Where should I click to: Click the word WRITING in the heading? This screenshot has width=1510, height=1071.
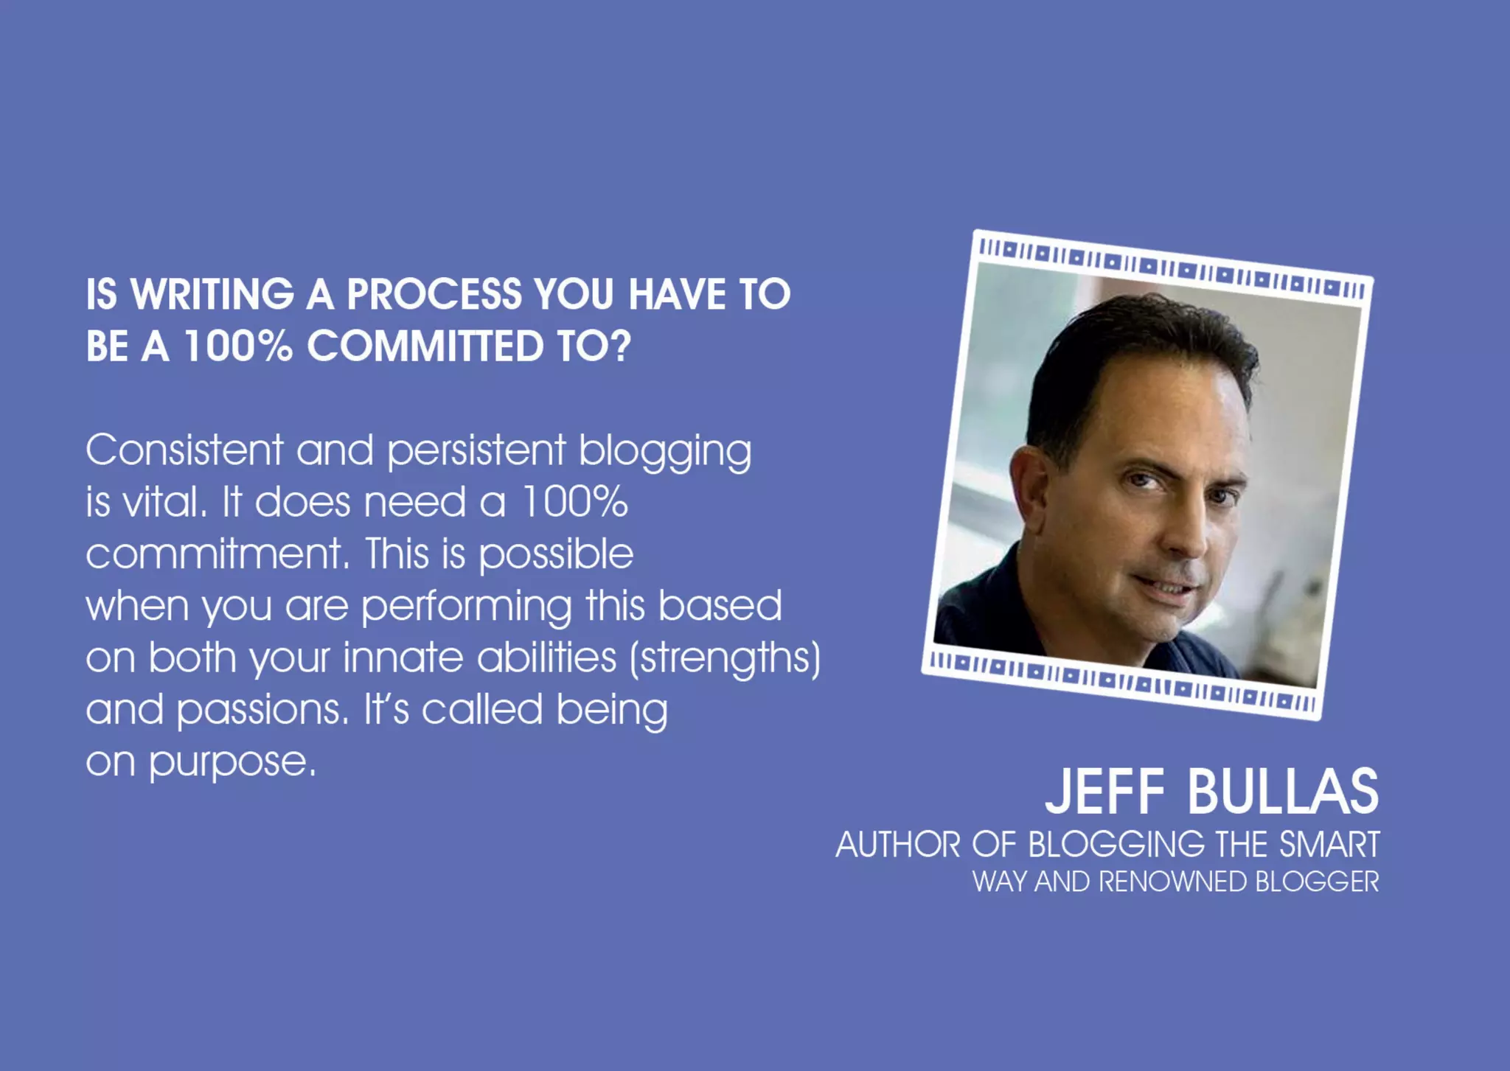pos(212,294)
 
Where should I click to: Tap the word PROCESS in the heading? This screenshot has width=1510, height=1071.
pos(434,294)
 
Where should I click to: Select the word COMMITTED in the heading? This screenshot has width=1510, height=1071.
pos(425,346)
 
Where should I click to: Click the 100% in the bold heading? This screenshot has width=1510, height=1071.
pos(237,346)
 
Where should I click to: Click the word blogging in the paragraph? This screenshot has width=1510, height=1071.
pos(664,451)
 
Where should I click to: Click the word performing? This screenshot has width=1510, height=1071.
pos(466,607)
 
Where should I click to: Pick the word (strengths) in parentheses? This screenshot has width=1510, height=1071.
pos(725,658)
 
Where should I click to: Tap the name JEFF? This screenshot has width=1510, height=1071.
pos(1104,792)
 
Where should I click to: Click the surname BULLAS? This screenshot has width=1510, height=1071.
pos(1282,792)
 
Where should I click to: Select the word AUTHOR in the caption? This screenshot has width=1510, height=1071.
pos(897,845)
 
